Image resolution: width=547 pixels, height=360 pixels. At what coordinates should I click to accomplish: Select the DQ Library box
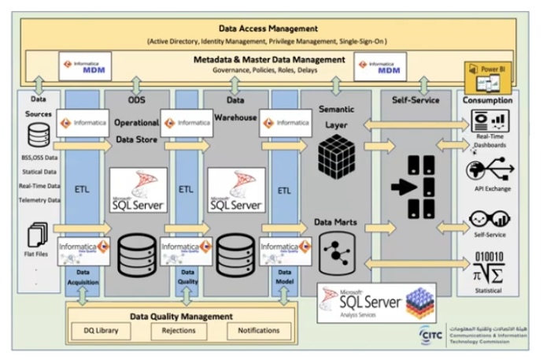[101, 330]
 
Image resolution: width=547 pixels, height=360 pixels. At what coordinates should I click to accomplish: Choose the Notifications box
[253, 330]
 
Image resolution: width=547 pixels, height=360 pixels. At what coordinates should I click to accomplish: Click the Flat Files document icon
[38, 236]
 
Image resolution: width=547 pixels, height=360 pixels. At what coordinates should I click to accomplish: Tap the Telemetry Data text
[39, 200]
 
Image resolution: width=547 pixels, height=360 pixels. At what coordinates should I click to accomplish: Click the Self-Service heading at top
[415, 100]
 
